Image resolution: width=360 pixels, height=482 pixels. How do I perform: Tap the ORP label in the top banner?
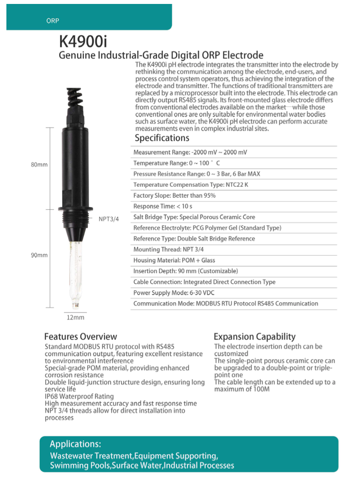pyautogui.click(x=53, y=21)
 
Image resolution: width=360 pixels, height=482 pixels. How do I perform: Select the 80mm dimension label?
pyautogui.click(x=39, y=165)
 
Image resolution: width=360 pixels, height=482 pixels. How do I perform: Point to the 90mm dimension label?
pyautogui.click(x=39, y=255)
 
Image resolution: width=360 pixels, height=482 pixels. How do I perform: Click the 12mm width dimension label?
pyautogui.click(x=75, y=317)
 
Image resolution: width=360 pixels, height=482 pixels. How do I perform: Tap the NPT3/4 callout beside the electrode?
pyautogui.click(x=109, y=219)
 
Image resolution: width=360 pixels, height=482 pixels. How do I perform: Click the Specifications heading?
pyautogui.click(x=162, y=138)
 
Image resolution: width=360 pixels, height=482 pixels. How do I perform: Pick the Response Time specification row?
pyautogui.click(x=163, y=206)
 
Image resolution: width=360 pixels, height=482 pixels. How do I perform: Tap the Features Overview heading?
pyautogui.click(x=81, y=337)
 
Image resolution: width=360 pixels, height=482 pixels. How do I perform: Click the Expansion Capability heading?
pyautogui.click(x=255, y=337)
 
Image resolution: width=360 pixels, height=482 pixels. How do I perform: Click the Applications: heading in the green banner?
pyautogui.click(x=75, y=444)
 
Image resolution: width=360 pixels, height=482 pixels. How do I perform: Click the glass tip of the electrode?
pyautogui.click(x=75, y=301)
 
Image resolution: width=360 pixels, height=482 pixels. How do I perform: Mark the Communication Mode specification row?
pyautogui.click(x=226, y=304)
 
